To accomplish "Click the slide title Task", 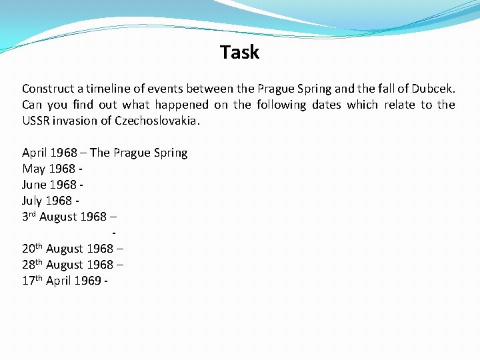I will click(239, 52).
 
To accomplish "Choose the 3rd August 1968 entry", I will click(69, 217).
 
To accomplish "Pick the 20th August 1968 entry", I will click(73, 249).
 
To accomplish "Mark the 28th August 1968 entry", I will click(73, 265).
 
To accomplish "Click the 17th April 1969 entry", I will click(65, 281).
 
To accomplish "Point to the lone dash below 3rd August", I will click(115, 233).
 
